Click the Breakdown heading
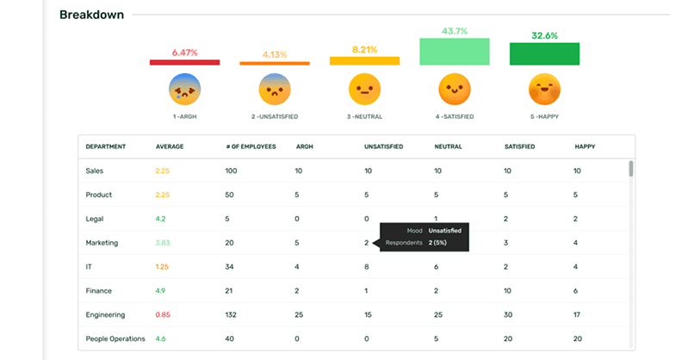tap(91, 15)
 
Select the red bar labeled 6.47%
tap(184, 61)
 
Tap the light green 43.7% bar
tap(454, 52)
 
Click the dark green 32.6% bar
tap(543, 54)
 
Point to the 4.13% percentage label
tap(274, 55)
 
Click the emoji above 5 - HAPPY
tap(543, 89)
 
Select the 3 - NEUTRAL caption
tap(364, 115)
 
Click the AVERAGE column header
tap(170, 146)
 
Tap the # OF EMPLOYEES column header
tap(251, 146)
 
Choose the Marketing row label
tap(102, 243)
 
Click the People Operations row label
tap(115, 338)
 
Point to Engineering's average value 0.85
tap(163, 314)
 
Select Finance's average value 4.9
tap(161, 291)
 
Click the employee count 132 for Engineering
tap(232, 314)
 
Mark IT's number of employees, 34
tap(230, 267)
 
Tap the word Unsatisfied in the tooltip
tap(447, 231)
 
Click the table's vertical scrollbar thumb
tap(631, 169)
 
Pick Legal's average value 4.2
tap(161, 219)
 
